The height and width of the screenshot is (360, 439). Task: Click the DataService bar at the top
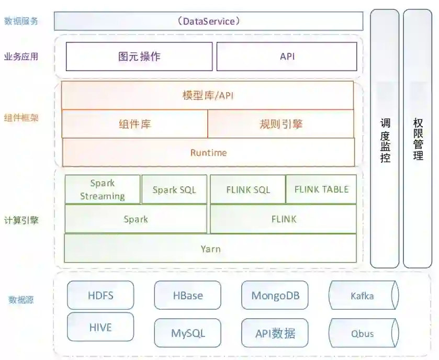pyautogui.click(x=208, y=21)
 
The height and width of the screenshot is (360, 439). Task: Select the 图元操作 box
pyautogui.click(x=139, y=57)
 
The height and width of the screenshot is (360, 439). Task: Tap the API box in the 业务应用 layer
pyautogui.click(x=287, y=57)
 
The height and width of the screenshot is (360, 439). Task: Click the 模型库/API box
pyautogui.click(x=208, y=95)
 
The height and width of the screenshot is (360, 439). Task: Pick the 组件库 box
pyautogui.click(x=134, y=124)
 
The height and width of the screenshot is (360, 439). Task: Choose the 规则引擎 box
pyautogui.click(x=281, y=124)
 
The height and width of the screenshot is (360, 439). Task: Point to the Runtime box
pyautogui.click(x=208, y=153)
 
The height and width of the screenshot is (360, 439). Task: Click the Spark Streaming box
pyautogui.click(x=103, y=189)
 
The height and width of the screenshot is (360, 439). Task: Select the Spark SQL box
pyautogui.click(x=174, y=189)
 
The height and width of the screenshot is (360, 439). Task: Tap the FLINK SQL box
pyautogui.click(x=248, y=189)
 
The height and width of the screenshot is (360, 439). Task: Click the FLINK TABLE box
pyautogui.click(x=321, y=189)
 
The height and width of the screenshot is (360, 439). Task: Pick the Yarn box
pyautogui.click(x=210, y=249)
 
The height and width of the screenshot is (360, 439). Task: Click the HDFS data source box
pyautogui.click(x=100, y=295)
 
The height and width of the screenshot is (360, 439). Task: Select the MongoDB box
pyautogui.click(x=275, y=295)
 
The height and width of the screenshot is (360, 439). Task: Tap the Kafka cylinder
pyautogui.click(x=362, y=296)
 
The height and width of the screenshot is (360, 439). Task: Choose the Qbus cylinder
pyautogui.click(x=362, y=333)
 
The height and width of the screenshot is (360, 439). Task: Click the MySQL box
pyautogui.click(x=188, y=333)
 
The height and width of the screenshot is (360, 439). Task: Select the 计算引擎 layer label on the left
pyautogui.click(x=21, y=220)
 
